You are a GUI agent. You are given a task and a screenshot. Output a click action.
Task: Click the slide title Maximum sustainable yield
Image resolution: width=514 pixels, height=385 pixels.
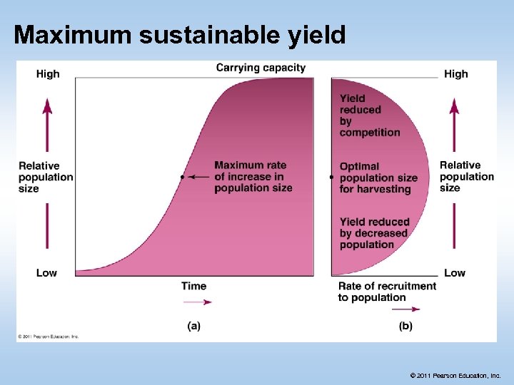click(179, 34)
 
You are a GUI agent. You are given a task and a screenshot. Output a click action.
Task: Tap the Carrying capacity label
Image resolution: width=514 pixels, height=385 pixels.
click(261, 68)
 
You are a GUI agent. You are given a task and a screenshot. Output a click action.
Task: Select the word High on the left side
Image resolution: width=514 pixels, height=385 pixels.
click(48, 73)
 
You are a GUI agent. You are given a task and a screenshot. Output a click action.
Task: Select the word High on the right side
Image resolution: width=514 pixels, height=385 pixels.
click(455, 73)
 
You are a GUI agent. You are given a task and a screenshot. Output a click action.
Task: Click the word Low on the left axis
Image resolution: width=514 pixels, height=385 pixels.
click(46, 272)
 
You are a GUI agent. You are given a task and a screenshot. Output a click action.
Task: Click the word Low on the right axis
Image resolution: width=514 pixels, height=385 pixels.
click(454, 272)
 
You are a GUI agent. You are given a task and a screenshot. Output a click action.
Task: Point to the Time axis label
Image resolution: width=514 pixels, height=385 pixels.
click(193, 286)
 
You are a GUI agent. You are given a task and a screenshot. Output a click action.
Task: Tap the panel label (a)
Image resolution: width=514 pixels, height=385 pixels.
click(193, 326)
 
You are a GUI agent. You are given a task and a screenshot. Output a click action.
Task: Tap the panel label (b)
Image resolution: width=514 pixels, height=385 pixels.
click(405, 326)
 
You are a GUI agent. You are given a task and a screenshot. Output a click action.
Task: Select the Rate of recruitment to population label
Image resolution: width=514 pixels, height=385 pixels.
click(386, 292)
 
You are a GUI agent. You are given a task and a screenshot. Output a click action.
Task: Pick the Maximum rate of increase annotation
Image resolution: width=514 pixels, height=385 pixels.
click(253, 177)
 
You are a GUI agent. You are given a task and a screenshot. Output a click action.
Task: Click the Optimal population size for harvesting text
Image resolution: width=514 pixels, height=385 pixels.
click(378, 178)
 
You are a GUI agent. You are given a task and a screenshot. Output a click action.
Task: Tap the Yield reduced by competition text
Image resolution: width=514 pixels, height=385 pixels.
click(369, 115)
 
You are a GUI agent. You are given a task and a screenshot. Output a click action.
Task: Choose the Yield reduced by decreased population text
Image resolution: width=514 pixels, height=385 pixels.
click(373, 233)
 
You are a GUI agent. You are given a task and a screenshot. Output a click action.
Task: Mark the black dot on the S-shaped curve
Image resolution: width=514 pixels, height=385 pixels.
click(183, 176)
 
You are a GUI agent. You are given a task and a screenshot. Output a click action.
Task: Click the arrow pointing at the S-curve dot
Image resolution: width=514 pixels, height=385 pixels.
click(200, 176)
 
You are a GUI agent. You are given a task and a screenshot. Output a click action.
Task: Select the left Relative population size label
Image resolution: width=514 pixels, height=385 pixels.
click(46, 177)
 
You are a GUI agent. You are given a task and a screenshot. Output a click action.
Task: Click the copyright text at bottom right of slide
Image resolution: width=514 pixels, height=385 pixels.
click(455, 375)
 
